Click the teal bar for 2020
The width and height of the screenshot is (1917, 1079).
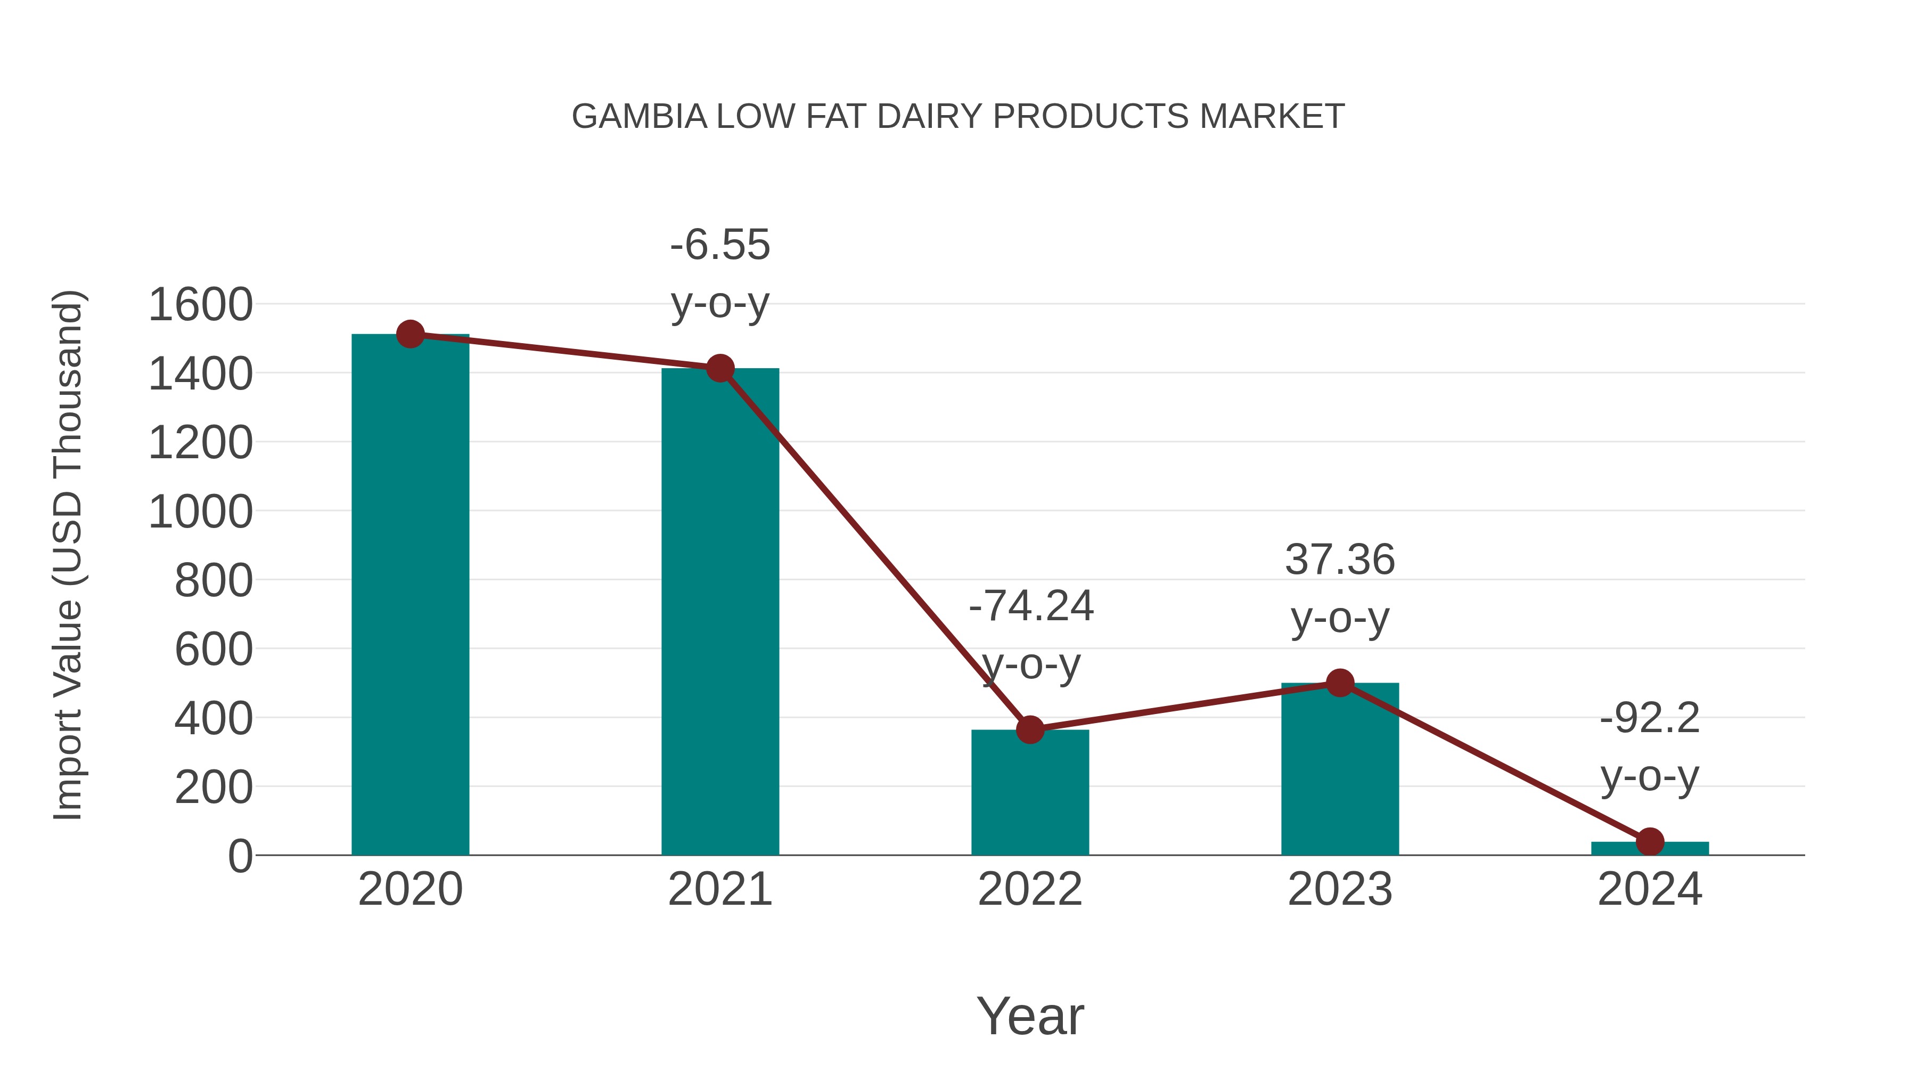(x=410, y=596)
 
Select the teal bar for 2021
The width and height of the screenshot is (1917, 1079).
(x=719, y=611)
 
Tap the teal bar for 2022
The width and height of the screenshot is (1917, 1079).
(x=1030, y=792)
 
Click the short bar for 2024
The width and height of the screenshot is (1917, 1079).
(x=1650, y=848)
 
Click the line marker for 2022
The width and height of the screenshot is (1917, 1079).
(x=1030, y=730)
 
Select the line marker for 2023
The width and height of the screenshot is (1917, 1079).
(x=1340, y=683)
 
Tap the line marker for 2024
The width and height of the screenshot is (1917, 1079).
(x=1650, y=841)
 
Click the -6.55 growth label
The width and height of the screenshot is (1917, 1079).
(x=719, y=245)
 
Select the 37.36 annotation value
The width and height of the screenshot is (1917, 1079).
(x=1340, y=559)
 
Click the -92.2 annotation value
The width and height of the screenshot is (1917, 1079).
(x=1649, y=719)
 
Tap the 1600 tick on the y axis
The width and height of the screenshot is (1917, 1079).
(x=200, y=305)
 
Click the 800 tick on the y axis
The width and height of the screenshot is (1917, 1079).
(x=214, y=581)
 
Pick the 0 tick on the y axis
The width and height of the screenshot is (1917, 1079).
(x=240, y=856)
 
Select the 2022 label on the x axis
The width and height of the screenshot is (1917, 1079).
(x=1030, y=889)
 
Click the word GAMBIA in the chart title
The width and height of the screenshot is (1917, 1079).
(x=639, y=117)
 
